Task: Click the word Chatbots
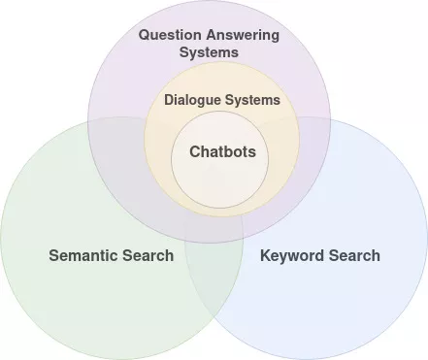pos(221,151)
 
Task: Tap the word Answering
pos(243,35)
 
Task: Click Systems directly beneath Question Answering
pos(209,51)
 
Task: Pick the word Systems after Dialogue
pos(256,100)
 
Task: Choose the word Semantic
pos(82,256)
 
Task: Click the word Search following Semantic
pos(146,256)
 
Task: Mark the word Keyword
pos(292,256)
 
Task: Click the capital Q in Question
pos(145,35)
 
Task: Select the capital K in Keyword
pos(266,256)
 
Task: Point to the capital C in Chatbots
pos(194,151)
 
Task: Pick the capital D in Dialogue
pos(169,100)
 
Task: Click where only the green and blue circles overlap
pos(214,291)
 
